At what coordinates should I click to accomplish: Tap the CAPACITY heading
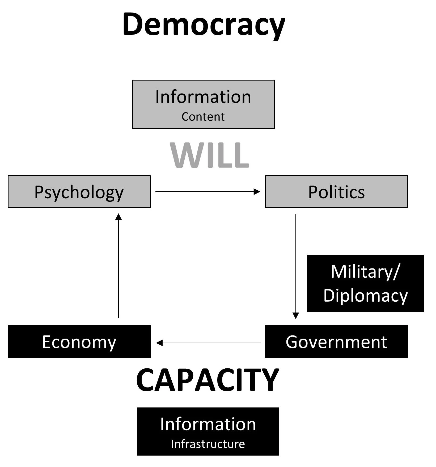[x=208, y=380]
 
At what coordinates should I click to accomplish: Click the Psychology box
[x=79, y=192]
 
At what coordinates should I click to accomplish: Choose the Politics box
[x=336, y=192]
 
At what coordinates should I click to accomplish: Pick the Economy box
[x=79, y=342]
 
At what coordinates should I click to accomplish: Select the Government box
[x=336, y=342]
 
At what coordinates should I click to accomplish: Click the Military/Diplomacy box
[x=365, y=283]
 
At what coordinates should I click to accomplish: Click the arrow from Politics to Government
[x=296, y=266]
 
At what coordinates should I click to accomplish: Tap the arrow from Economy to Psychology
[x=118, y=266]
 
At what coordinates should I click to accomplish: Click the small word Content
[x=203, y=117]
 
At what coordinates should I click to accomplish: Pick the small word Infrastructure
[x=208, y=444]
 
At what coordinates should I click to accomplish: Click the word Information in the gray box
[x=203, y=97]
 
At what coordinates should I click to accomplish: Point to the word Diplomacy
[x=365, y=296]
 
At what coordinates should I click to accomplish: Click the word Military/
[x=365, y=272]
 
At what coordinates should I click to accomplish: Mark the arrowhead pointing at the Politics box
[x=257, y=192]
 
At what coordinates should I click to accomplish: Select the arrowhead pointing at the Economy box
[x=159, y=343]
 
